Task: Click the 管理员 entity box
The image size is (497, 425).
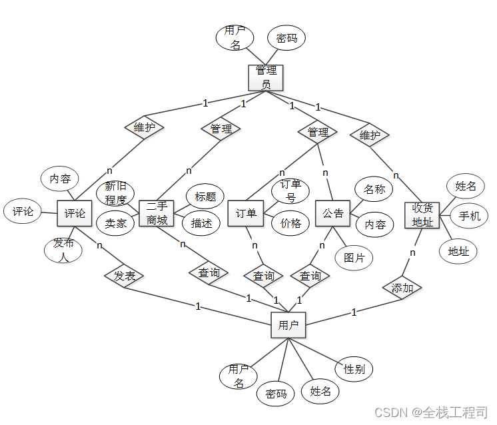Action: (265, 77)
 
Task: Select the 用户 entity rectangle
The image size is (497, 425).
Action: (288, 326)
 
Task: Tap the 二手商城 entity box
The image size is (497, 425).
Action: (157, 213)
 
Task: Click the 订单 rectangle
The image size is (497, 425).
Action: (246, 214)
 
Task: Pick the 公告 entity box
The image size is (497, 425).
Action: (332, 214)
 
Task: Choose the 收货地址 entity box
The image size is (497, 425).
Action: (422, 214)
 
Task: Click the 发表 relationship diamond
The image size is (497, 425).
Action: (124, 274)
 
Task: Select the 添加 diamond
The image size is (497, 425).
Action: (402, 288)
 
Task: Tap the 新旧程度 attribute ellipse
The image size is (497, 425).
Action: (115, 193)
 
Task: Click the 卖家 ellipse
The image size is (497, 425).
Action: (115, 224)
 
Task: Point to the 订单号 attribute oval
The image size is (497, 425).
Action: (290, 191)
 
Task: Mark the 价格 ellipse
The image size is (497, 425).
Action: (290, 223)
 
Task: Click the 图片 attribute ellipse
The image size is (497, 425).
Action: (354, 258)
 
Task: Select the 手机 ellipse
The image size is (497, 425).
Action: (469, 216)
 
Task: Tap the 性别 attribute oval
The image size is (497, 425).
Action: (354, 369)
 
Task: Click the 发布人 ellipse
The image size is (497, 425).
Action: (63, 250)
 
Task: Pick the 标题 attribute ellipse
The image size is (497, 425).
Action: (205, 197)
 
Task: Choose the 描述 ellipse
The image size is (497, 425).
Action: (201, 223)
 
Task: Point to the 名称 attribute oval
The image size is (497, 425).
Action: (374, 189)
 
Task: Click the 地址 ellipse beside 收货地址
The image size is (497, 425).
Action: (458, 251)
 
